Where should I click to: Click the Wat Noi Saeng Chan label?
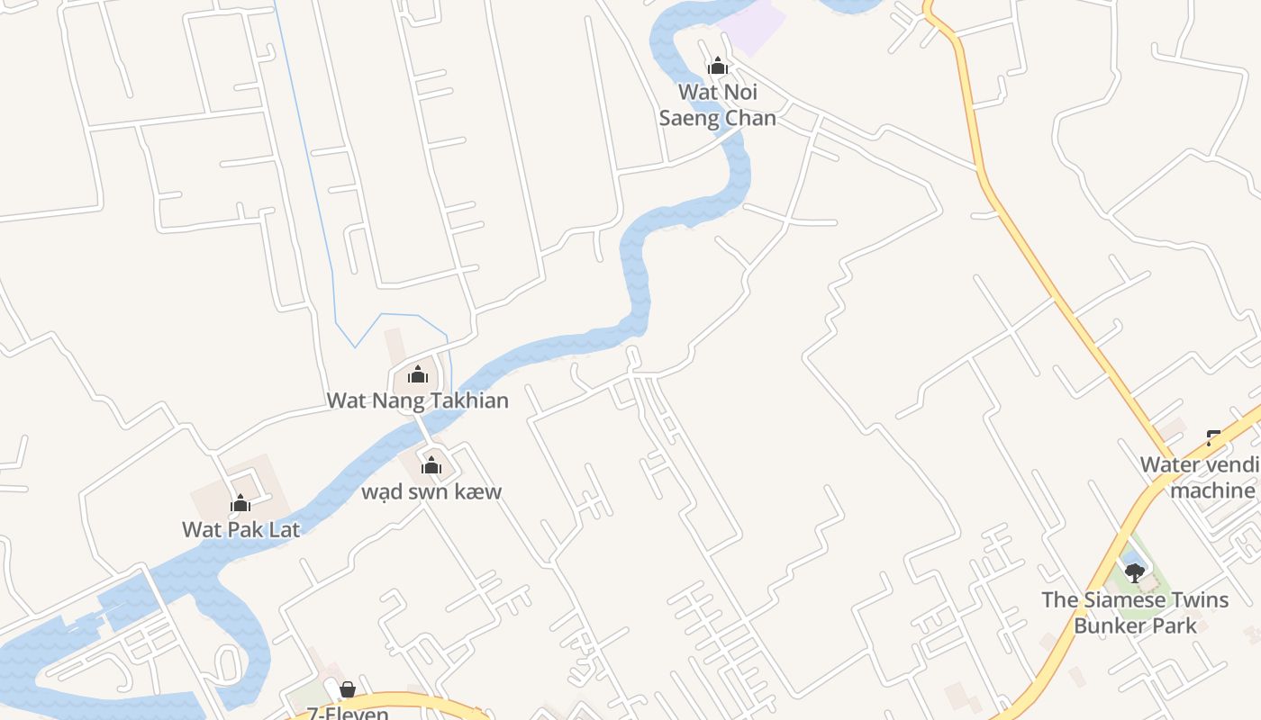coord(718,104)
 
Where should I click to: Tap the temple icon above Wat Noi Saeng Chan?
coord(718,66)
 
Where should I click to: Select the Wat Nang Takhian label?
coord(417,400)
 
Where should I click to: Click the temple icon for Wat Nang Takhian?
coord(418,374)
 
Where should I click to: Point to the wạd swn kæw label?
coord(431,491)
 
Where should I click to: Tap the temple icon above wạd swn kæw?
coord(431,465)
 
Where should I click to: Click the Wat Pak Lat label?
coord(240,529)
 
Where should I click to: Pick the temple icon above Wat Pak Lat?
coord(240,503)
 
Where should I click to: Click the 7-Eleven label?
coord(348,714)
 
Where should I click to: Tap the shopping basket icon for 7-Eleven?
coord(348,690)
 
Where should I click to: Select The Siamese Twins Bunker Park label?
coord(1135,612)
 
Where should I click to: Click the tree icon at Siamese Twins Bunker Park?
coord(1135,572)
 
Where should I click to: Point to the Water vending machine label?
coord(1200,478)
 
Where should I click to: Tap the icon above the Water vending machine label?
coord(1214,439)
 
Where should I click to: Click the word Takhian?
coord(466,400)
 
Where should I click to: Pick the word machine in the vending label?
coord(1212,490)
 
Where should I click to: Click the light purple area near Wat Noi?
coord(755,24)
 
